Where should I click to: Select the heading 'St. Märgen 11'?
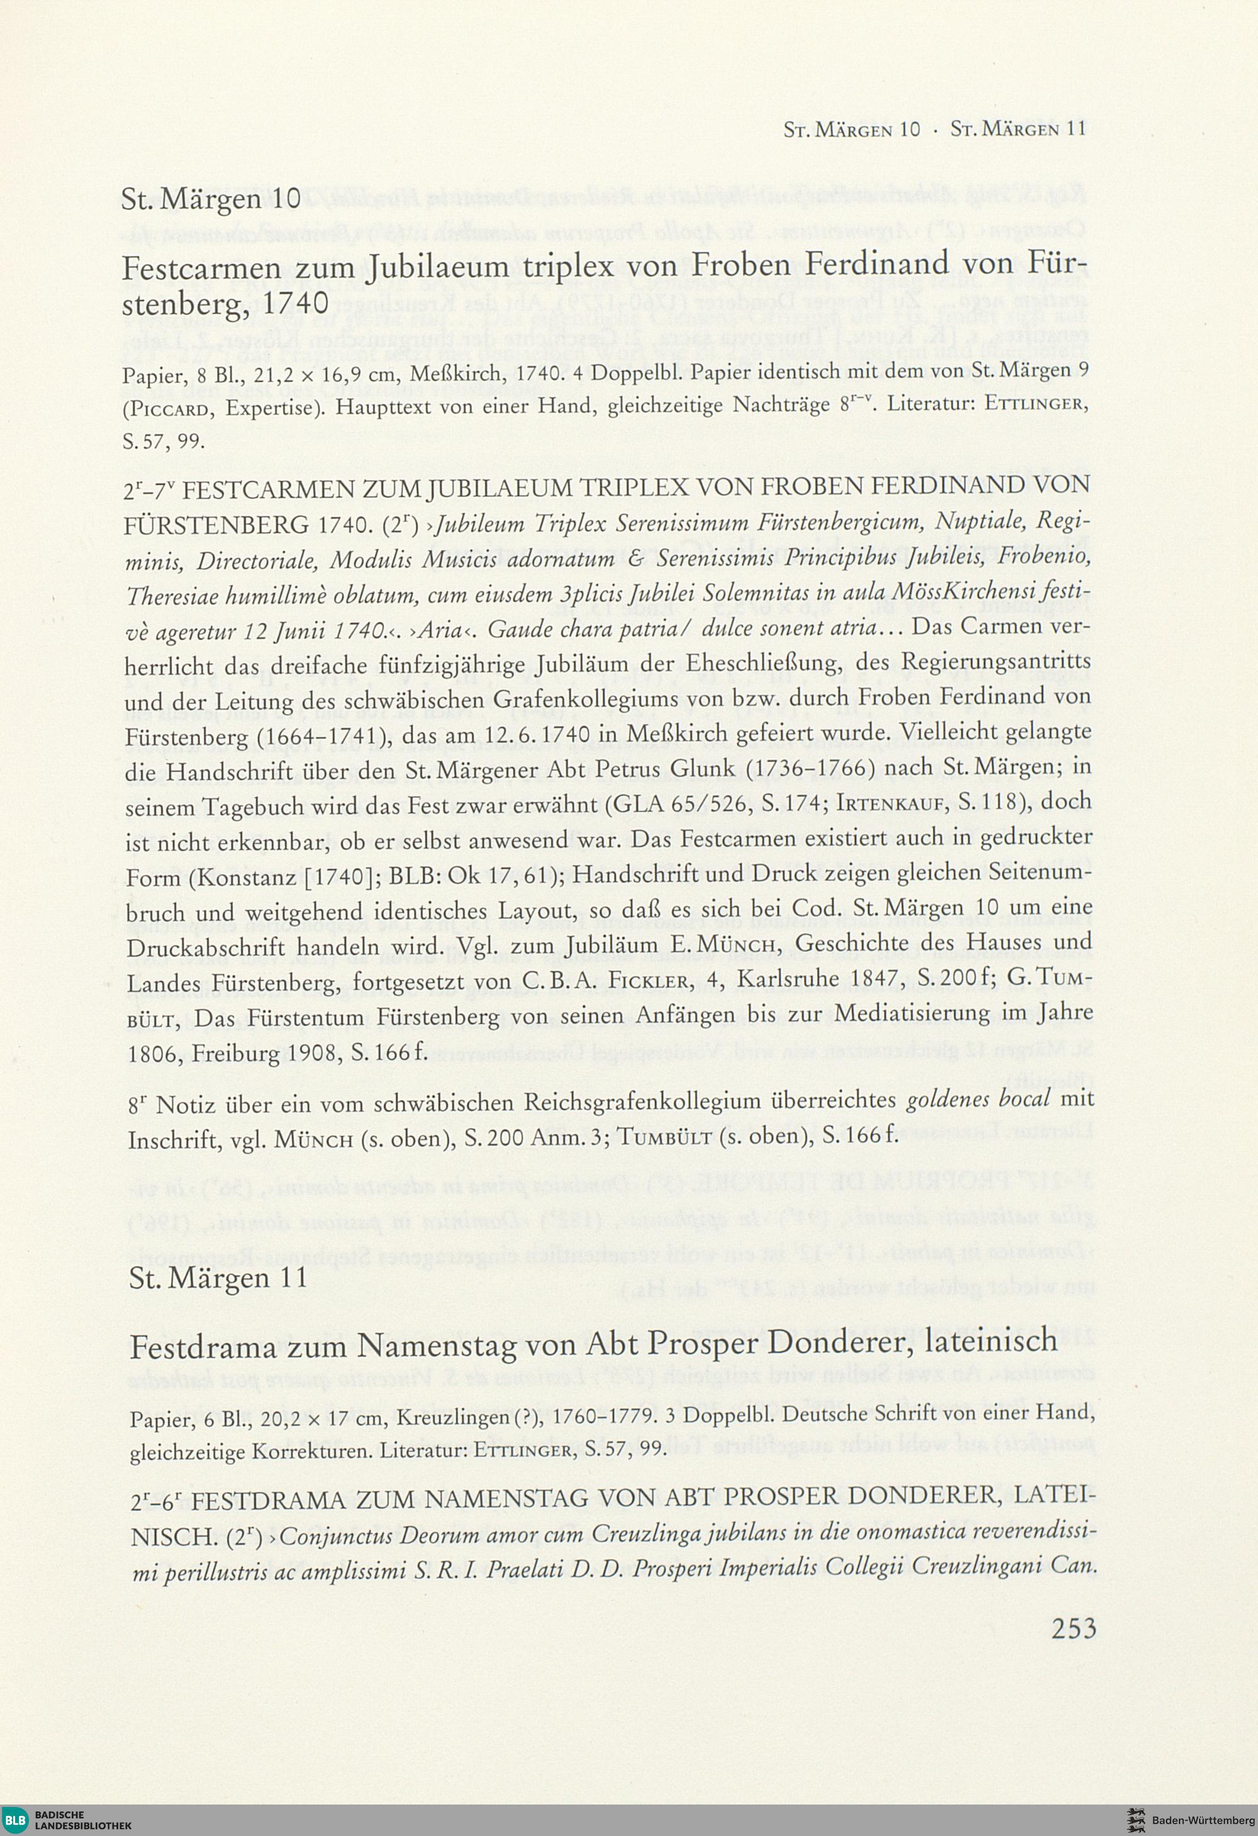click(x=218, y=1277)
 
